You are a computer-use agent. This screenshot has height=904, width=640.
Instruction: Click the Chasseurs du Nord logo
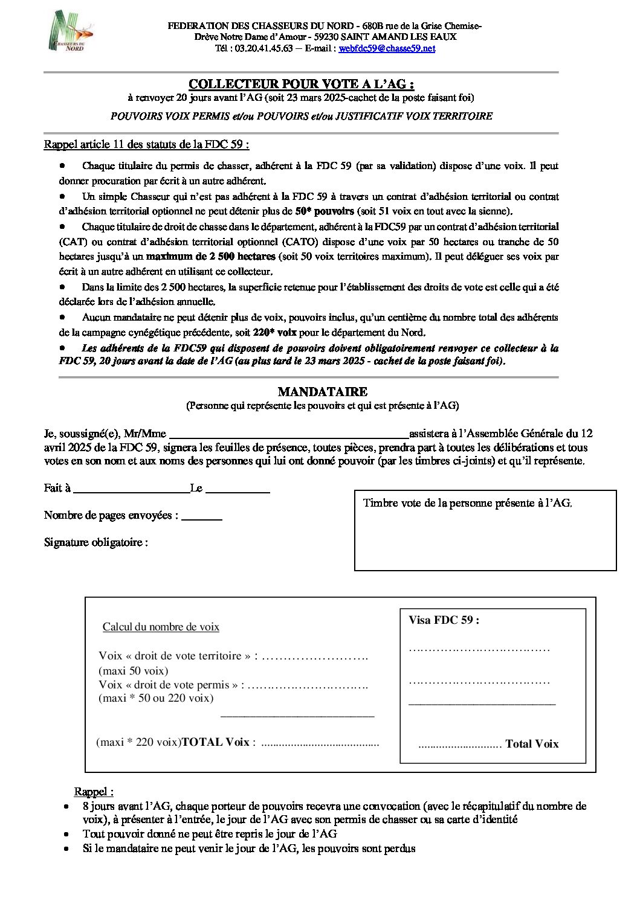[x=71, y=31]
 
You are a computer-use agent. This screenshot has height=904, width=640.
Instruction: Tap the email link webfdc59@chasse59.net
[x=387, y=48]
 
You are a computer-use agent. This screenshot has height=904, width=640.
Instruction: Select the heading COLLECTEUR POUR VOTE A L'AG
[x=301, y=84]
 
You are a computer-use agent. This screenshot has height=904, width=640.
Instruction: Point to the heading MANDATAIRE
[x=322, y=392]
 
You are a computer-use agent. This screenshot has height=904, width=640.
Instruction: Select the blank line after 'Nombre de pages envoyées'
[x=202, y=517]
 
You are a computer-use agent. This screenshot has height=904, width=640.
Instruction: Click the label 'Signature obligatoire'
[x=95, y=542]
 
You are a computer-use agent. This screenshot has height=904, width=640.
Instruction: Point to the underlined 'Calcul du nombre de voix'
[x=161, y=627]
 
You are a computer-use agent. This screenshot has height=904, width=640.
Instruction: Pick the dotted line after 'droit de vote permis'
[x=308, y=685]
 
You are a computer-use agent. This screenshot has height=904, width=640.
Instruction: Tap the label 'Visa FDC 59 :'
[x=444, y=620]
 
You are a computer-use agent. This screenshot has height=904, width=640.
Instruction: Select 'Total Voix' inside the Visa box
[x=532, y=744]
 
